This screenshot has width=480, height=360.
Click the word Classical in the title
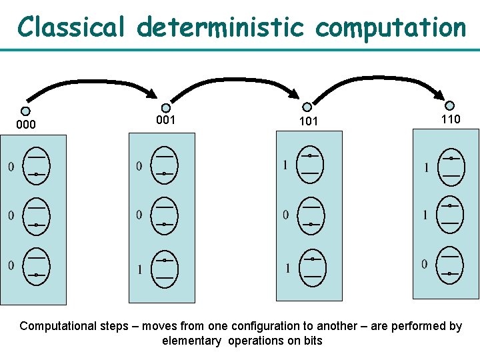click(x=72, y=27)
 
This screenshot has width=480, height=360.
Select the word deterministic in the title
click(x=220, y=27)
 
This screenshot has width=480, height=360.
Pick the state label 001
click(x=165, y=120)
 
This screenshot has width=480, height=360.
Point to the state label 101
click(x=307, y=121)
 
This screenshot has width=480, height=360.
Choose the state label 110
click(x=450, y=119)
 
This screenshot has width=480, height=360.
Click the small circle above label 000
click(x=25, y=111)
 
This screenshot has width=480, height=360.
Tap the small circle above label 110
click(x=450, y=105)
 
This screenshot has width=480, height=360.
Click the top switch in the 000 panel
click(x=36, y=165)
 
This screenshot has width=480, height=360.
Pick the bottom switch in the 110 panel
click(x=451, y=265)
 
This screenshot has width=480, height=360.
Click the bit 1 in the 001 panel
click(x=139, y=269)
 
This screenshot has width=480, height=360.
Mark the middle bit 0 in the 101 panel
click(x=286, y=215)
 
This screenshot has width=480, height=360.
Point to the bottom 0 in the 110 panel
click(x=425, y=265)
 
